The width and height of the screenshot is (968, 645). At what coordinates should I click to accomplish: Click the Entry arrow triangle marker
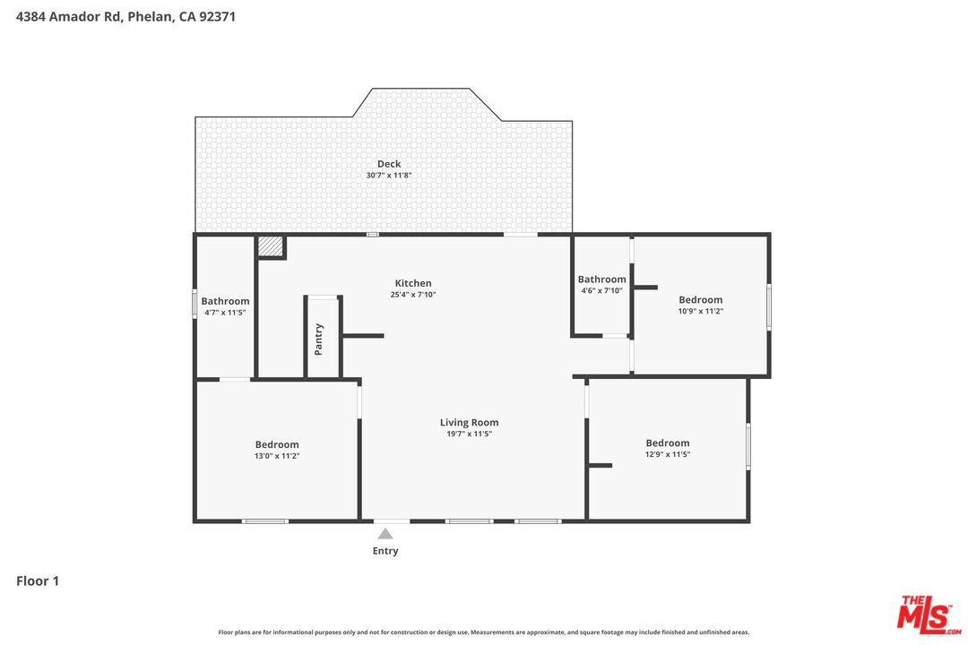click(385, 534)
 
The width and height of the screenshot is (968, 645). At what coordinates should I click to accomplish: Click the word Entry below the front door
click(385, 551)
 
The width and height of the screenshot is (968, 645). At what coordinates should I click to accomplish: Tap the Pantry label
click(319, 340)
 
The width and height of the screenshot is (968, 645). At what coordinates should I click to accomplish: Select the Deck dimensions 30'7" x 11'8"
click(389, 176)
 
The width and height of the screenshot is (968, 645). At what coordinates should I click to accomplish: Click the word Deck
click(389, 164)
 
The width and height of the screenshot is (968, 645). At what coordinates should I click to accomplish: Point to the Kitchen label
click(413, 283)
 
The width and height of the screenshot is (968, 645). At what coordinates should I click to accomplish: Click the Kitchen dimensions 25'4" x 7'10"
click(413, 295)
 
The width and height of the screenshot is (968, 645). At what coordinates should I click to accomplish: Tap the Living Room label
click(469, 422)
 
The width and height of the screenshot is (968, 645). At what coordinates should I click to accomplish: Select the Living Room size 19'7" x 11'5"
click(469, 434)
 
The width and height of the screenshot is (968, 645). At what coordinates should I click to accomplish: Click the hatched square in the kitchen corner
click(270, 246)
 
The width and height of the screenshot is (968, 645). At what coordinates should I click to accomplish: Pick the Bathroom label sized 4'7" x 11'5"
click(225, 301)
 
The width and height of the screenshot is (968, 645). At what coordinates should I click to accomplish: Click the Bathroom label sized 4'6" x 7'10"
click(601, 279)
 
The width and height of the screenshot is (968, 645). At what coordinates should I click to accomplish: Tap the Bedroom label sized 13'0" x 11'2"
click(277, 444)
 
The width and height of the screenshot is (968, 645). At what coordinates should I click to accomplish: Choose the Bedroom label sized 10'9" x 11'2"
click(700, 300)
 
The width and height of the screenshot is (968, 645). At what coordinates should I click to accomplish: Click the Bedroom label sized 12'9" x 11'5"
click(668, 443)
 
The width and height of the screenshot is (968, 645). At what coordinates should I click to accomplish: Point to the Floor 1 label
click(38, 581)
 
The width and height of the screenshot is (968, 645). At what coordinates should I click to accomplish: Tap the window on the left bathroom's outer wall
click(194, 304)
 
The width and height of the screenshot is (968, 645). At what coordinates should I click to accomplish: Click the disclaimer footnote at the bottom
click(484, 632)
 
